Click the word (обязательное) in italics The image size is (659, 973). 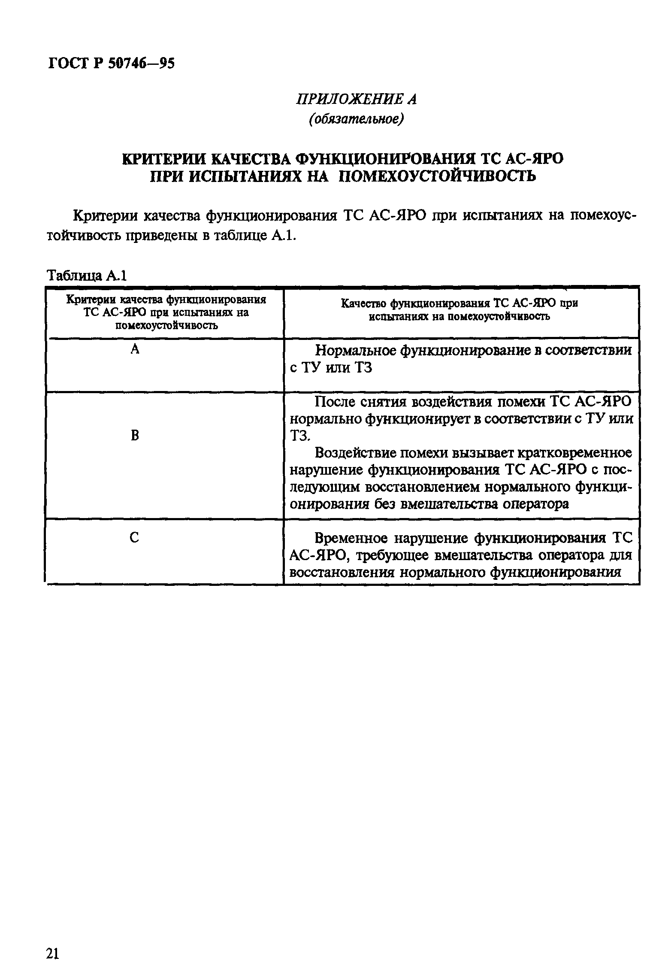pos(356,119)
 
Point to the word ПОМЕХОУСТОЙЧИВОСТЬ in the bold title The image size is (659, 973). pos(437,176)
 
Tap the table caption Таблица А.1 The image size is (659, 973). pos(87,275)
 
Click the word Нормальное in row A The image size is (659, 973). pos(355,351)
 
